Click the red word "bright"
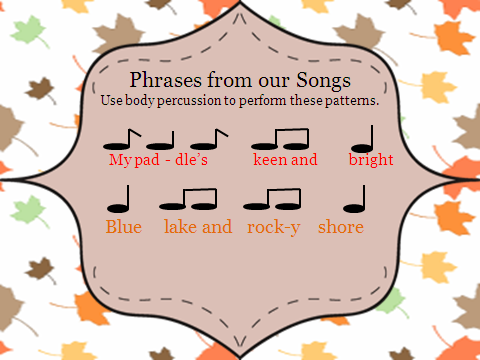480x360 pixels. (371, 159)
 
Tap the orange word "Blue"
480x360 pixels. (124, 227)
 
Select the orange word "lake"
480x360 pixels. (182, 227)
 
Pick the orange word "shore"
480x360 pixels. (341, 227)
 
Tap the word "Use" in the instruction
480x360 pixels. (111, 101)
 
